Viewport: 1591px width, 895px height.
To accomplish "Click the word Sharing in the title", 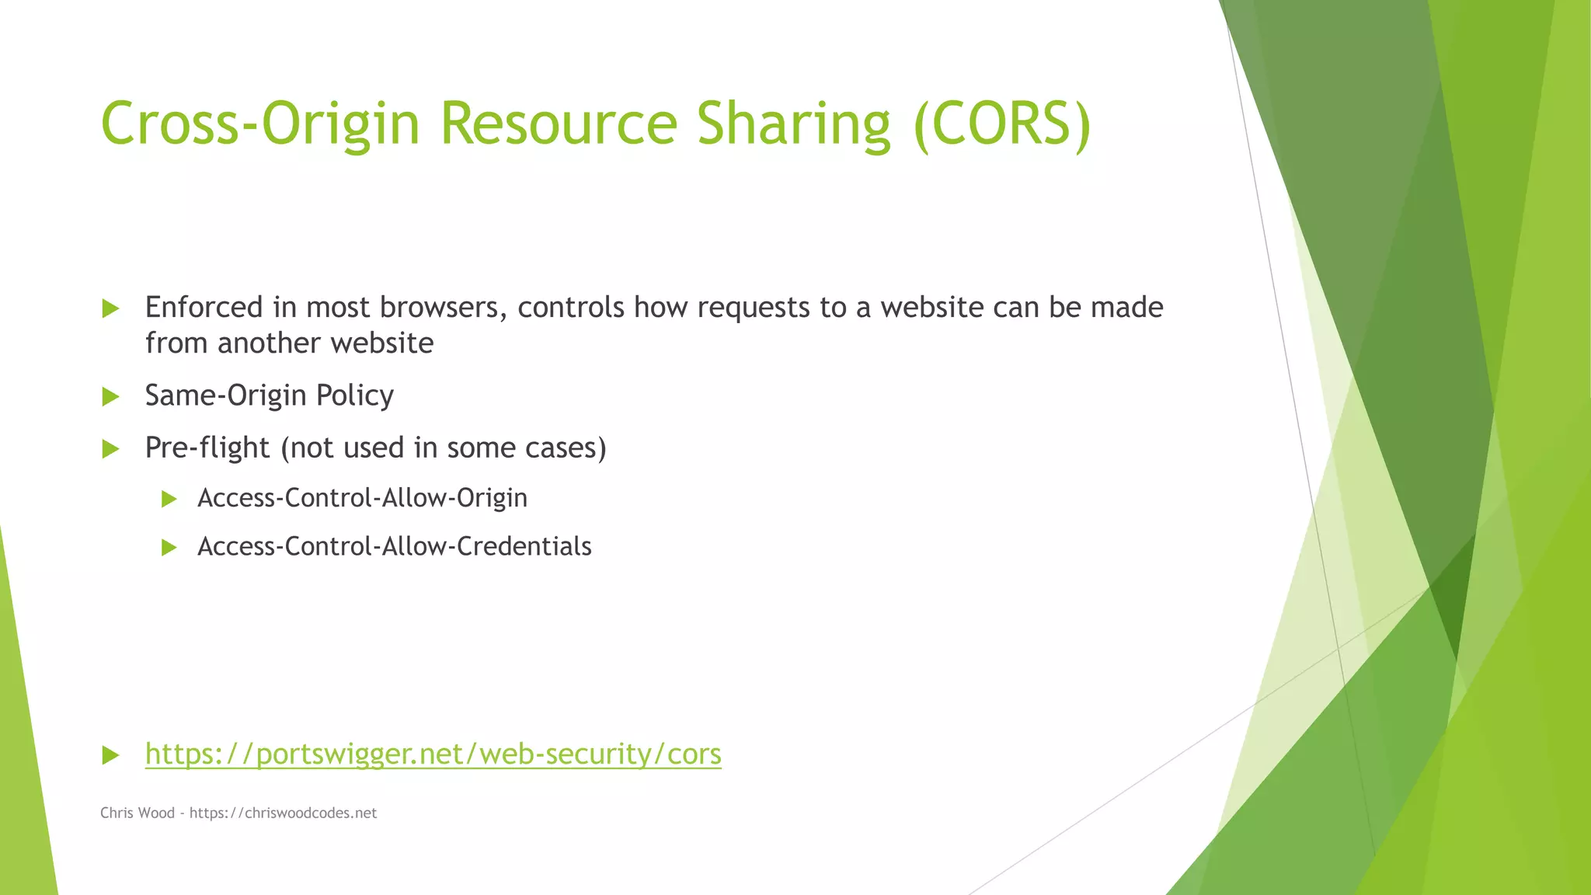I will coord(793,124).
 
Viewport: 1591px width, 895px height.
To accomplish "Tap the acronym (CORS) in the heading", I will coord(1002,124).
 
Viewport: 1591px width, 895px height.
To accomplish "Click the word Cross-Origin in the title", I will coord(260,124).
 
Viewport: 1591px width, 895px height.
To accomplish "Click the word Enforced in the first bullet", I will coord(204,308).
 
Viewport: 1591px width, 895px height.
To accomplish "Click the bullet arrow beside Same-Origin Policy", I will coord(110,397).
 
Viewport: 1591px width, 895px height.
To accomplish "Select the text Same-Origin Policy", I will coord(269,396).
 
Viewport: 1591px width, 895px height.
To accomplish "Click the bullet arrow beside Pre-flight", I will coord(110,449).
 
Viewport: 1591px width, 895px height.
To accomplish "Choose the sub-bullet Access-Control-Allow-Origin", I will coord(362,498).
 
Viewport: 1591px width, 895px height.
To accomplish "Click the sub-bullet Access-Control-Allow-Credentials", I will coord(394,547).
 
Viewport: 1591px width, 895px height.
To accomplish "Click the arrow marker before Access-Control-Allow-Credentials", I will coord(169,548).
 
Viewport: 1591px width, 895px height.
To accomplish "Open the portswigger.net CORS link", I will coord(433,754).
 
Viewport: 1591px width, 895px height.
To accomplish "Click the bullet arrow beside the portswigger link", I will coord(110,755).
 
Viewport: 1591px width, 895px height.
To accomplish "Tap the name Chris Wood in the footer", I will coord(138,813).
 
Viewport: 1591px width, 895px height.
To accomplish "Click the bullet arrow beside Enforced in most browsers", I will coord(110,309).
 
